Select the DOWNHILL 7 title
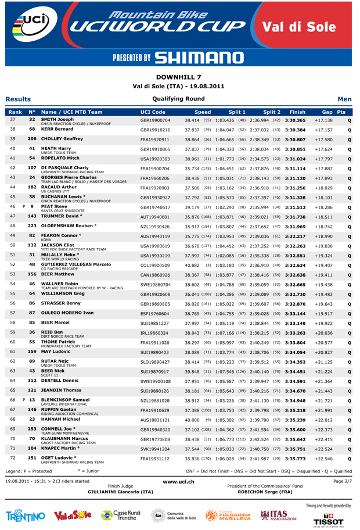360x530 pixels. [179, 76]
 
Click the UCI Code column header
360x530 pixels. [153, 112]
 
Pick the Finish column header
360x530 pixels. [297, 112]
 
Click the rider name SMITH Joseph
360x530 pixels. [57, 119]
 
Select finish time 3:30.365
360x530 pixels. [296, 120]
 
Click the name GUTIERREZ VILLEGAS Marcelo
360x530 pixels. [75, 246]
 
